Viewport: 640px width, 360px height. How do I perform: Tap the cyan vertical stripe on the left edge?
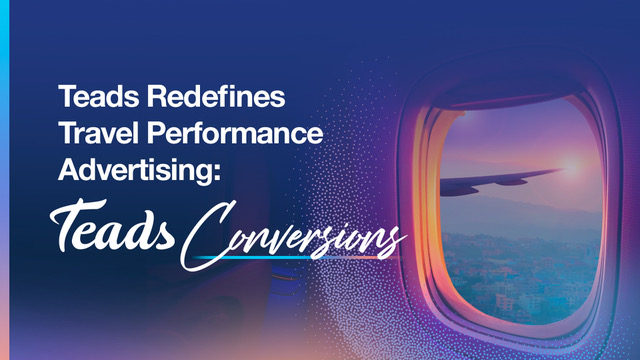pos(3,180)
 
